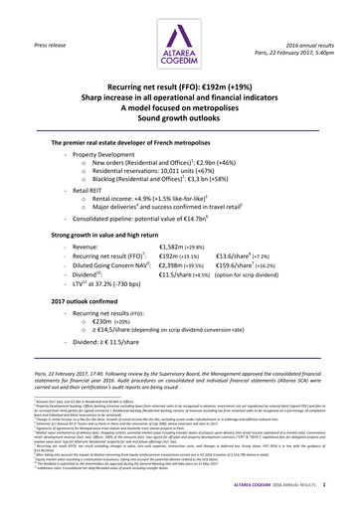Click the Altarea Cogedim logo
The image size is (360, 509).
(x=180, y=35)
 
